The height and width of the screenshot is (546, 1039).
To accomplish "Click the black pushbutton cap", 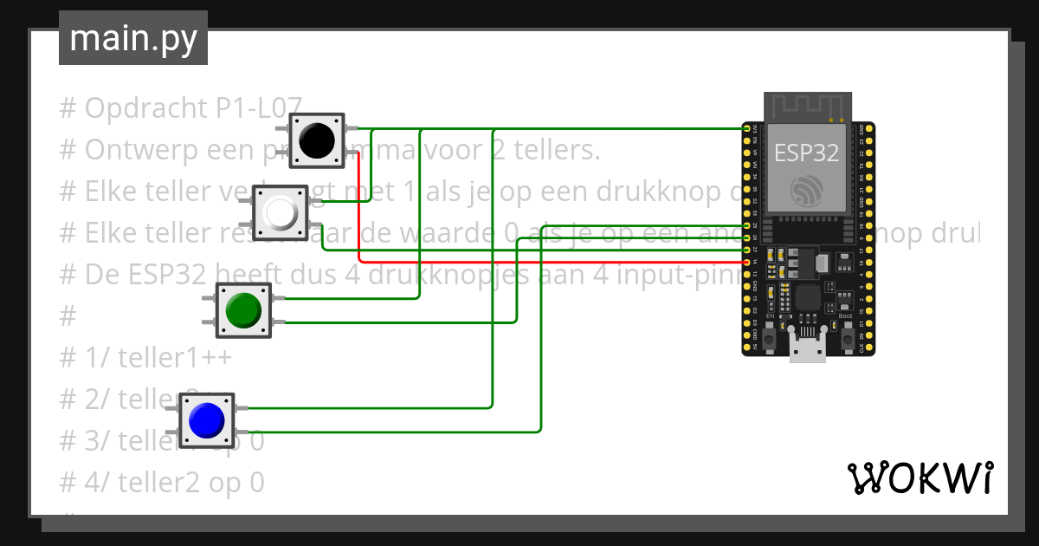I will click(x=317, y=140).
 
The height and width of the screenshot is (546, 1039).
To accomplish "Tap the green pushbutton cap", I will click(x=242, y=309).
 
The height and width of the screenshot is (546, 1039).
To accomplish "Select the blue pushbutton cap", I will click(x=206, y=420).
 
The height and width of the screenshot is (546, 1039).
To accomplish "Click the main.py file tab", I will click(x=133, y=38).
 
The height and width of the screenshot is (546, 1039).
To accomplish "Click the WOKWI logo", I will click(x=920, y=478).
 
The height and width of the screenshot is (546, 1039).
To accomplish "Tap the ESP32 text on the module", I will click(x=806, y=153).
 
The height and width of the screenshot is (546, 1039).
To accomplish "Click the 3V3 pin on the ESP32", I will click(x=747, y=128).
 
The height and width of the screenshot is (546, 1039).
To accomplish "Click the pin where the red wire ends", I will click(x=747, y=261).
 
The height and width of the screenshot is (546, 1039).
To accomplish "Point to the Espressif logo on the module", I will click(x=807, y=189).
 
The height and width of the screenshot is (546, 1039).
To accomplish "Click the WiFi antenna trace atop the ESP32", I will click(x=806, y=107).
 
